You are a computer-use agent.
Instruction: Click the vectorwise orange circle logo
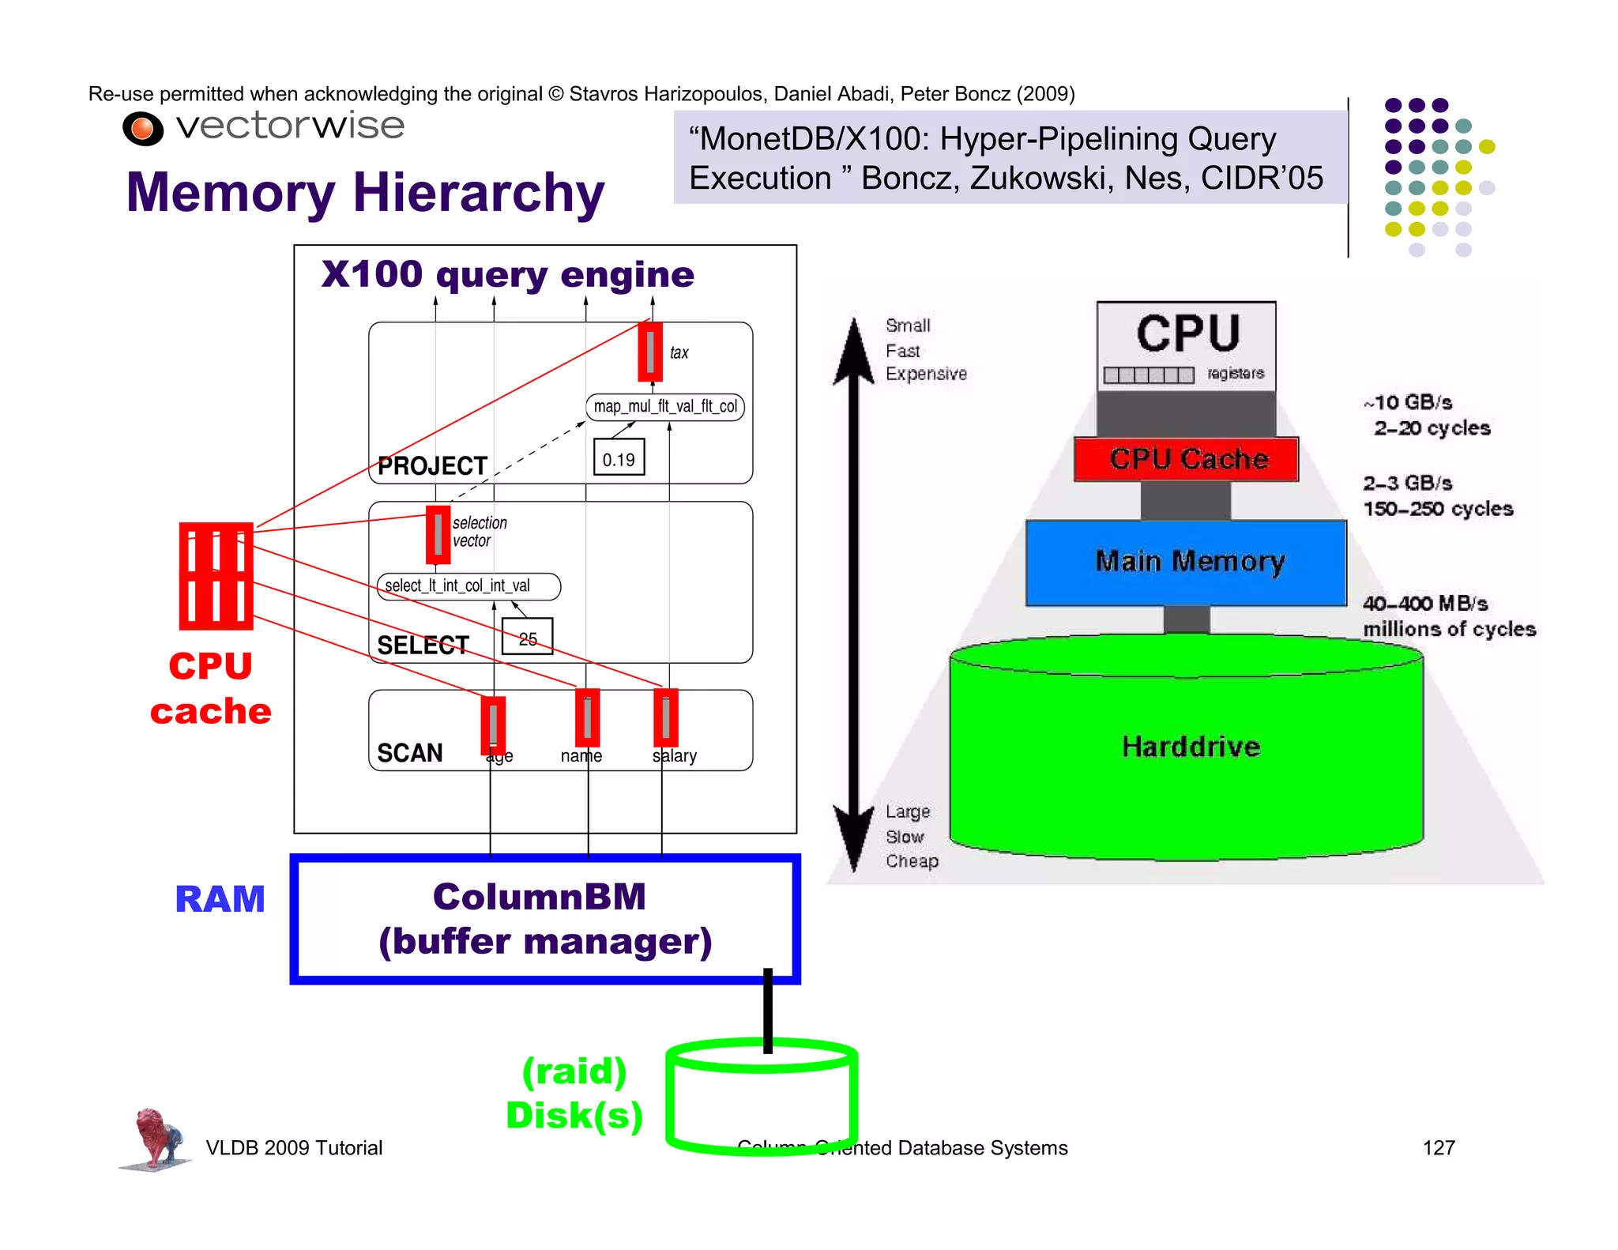[x=143, y=129]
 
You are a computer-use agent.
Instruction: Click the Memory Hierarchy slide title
[x=365, y=193]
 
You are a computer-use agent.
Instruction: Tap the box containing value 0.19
[x=619, y=458]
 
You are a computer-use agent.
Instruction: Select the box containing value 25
[x=527, y=637]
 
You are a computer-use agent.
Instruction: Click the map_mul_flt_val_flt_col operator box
[x=664, y=407]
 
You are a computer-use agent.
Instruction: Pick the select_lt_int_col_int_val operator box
[x=468, y=586]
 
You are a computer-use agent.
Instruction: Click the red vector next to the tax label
[x=650, y=352]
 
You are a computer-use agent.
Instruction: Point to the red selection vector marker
[x=438, y=535]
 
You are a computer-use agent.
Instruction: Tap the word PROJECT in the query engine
[x=432, y=466]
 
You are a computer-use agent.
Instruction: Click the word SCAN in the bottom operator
[x=409, y=753]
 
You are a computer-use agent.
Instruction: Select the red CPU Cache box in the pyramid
[x=1186, y=459]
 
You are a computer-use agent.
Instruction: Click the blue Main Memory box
[x=1186, y=562]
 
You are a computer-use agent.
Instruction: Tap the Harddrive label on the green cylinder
[x=1191, y=747]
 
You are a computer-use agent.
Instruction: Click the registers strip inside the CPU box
[x=1149, y=375]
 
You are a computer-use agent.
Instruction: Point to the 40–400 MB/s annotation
[x=1424, y=604]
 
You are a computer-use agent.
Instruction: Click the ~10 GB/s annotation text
[x=1408, y=403]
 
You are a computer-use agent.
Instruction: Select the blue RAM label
[x=220, y=900]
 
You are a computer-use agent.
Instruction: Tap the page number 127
[x=1438, y=1148]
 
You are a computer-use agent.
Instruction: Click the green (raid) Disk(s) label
[x=574, y=1094]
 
